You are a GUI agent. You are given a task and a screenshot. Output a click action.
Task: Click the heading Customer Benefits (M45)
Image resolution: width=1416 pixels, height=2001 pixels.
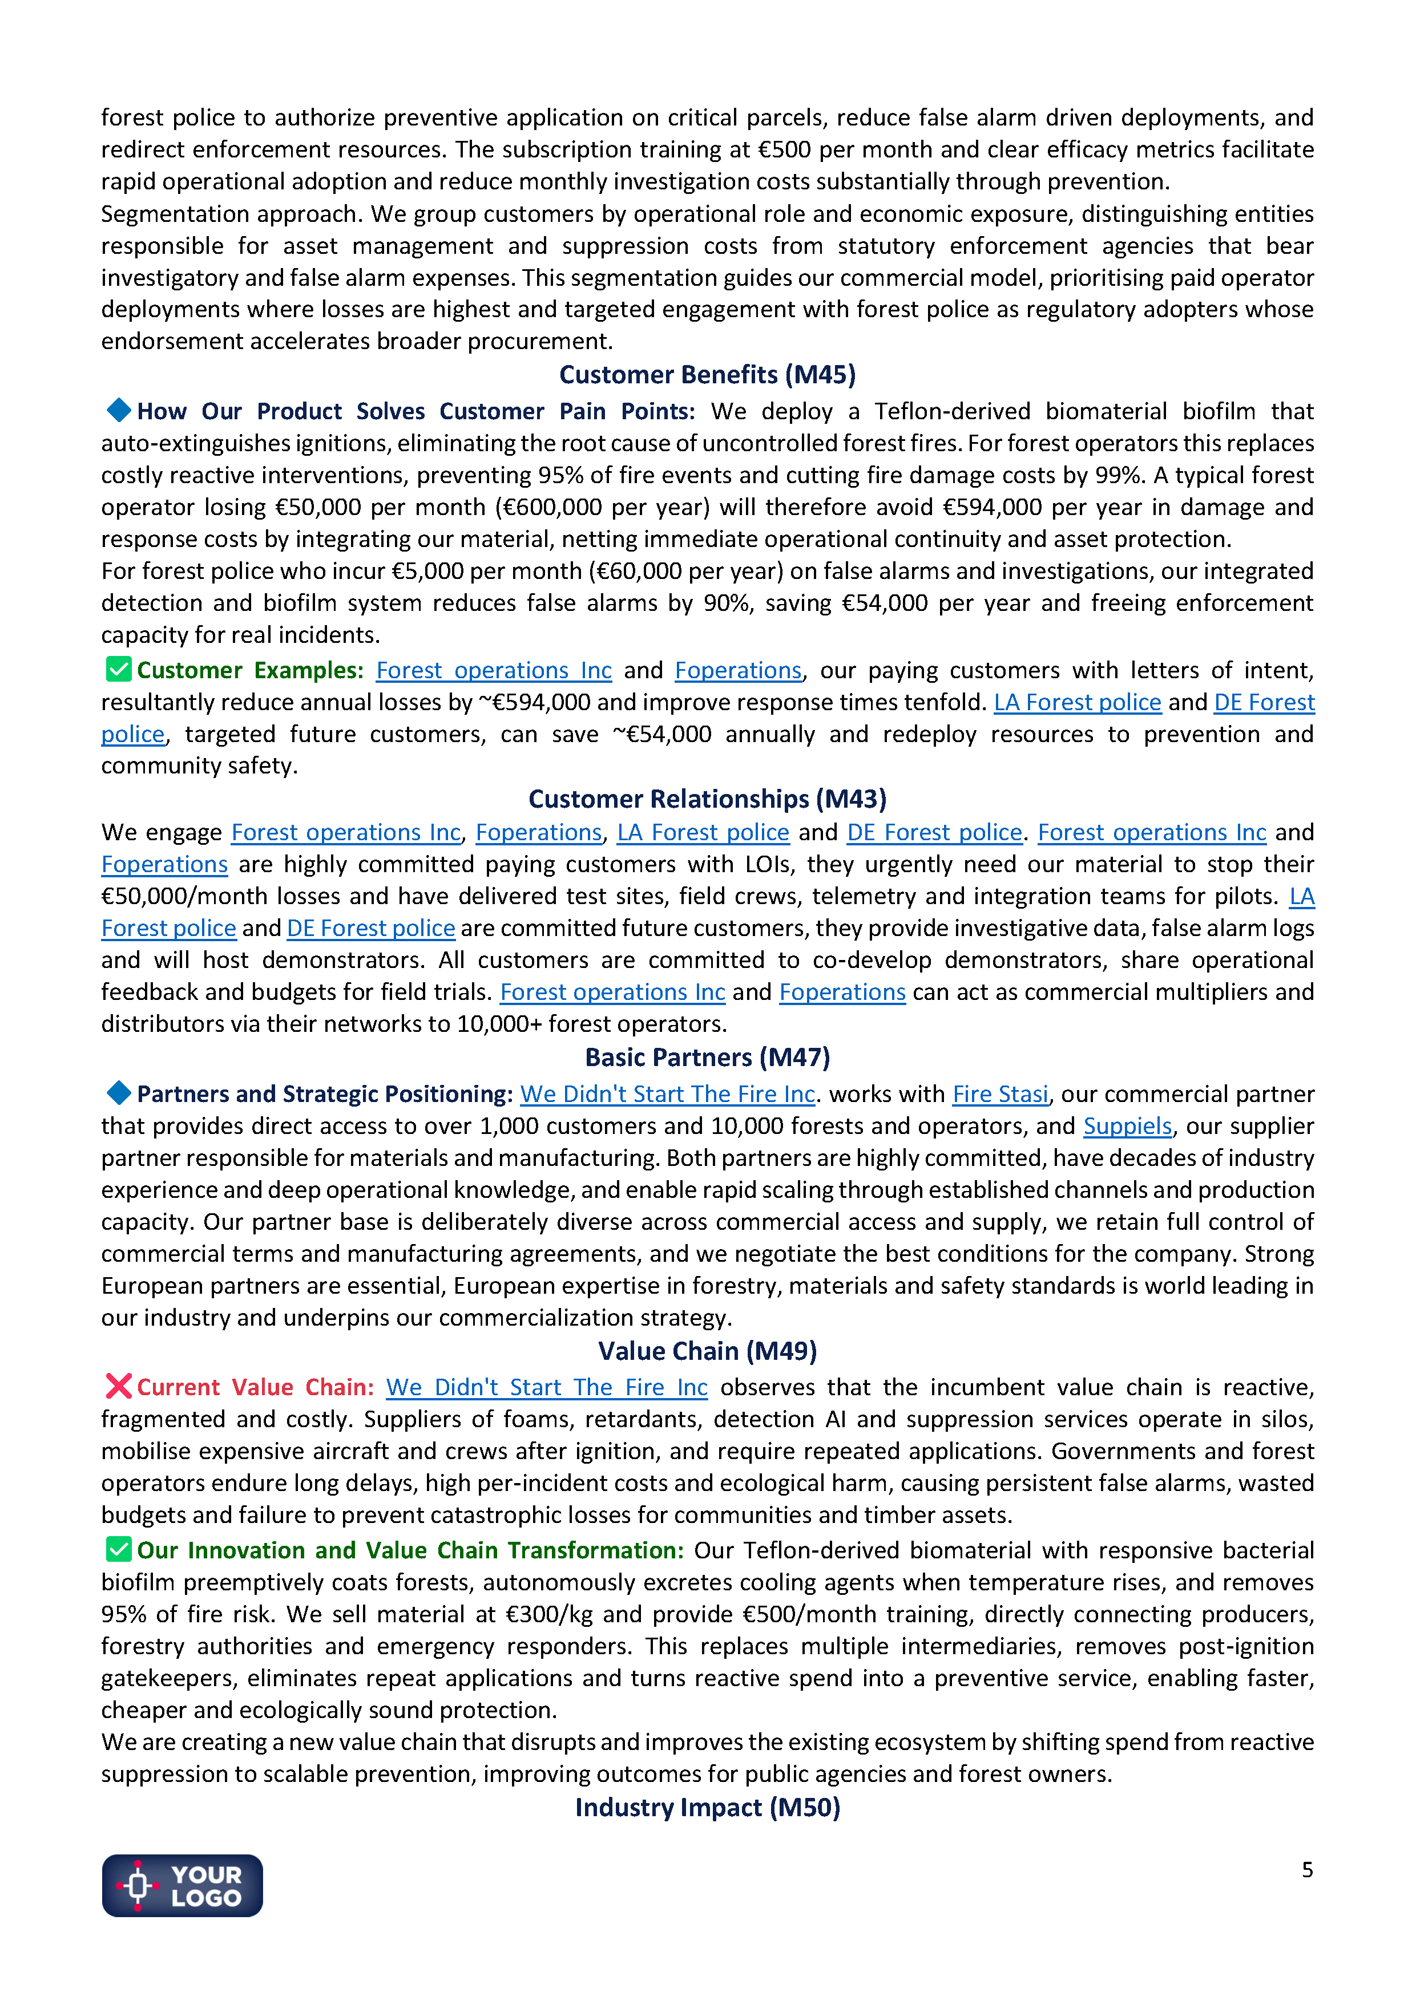point(707,375)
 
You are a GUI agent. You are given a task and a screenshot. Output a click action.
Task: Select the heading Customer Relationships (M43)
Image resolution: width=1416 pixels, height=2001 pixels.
point(707,799)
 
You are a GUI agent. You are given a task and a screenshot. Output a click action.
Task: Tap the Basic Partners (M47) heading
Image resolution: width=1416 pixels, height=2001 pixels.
point(707,1057)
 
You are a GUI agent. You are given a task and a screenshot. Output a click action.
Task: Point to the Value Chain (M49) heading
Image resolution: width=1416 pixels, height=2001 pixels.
point(707,1351)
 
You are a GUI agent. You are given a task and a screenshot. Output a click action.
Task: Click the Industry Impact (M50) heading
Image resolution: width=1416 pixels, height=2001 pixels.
point(707,1808)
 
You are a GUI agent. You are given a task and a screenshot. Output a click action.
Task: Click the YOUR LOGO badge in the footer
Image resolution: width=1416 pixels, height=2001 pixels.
point(182,1885)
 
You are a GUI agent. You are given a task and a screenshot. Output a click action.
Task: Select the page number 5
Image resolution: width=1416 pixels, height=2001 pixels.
point(1307,1869)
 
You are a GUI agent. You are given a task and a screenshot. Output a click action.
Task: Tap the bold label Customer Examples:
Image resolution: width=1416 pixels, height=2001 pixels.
point(249,670)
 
